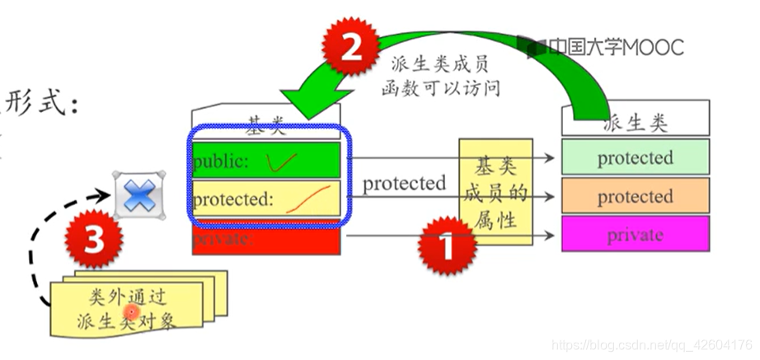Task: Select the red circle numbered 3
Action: [x=96, y=241]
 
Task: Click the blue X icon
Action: [x=140, y=197]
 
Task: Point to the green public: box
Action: [x=266, y=161]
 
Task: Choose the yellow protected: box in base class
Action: [x=266, y=199]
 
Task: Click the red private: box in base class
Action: [x=266, y=240]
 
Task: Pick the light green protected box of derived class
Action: [x=635, y=157]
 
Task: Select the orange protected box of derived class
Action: [x=635, y=196]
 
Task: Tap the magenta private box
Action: [x=635, y=235]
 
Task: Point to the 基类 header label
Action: [x=265, y=126]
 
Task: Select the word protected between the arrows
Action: [x=404, y=183]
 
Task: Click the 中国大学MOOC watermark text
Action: [x=614, y=47]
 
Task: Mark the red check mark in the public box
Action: [x=283, y=163]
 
